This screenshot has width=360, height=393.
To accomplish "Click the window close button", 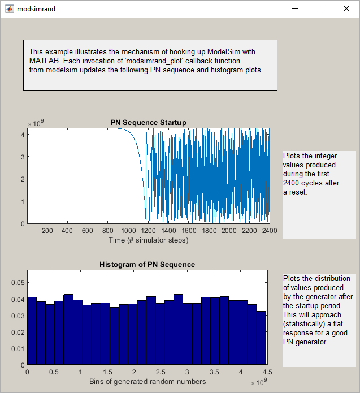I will pyautogui.click(x=346, y=8).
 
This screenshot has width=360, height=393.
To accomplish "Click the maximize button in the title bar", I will pyautogui.click(x=320, y=8).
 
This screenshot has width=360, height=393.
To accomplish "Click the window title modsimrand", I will pyautogui.click(x=36, y=9).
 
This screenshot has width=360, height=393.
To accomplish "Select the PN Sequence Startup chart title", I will pyautogui.click(x=148, y=123).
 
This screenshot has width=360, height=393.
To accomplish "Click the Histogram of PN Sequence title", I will pyautogui.click(x=148, y=264).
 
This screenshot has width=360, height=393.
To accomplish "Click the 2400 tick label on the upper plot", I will pyautogui.click(x=269, y=231).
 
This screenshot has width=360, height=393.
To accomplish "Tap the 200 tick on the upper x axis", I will pyautogui.click(x=47, y=231).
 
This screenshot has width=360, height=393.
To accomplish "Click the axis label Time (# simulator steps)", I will pyautogui.click(x=148, y=240).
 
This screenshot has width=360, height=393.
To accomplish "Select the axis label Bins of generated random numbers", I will pyautogui.click(x=147, y=382).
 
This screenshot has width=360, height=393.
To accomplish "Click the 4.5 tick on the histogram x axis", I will pyautogui.click(x=267, y=373).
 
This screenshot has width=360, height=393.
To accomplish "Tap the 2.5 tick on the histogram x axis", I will pyautogui.click(x=161, y=373).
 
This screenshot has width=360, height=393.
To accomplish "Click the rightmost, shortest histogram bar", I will pyautogui.click(x=261, y=338).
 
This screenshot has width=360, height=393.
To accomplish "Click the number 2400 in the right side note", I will pyautogui.click(x=292, y=183).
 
